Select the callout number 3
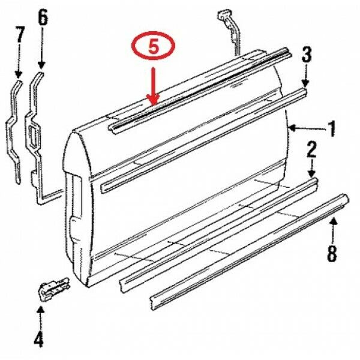306,56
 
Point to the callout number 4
38,340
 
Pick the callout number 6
42,17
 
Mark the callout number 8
332,254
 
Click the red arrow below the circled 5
153,85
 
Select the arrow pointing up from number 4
40,315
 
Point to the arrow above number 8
334,231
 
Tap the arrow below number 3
306,76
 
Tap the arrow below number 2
312,168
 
